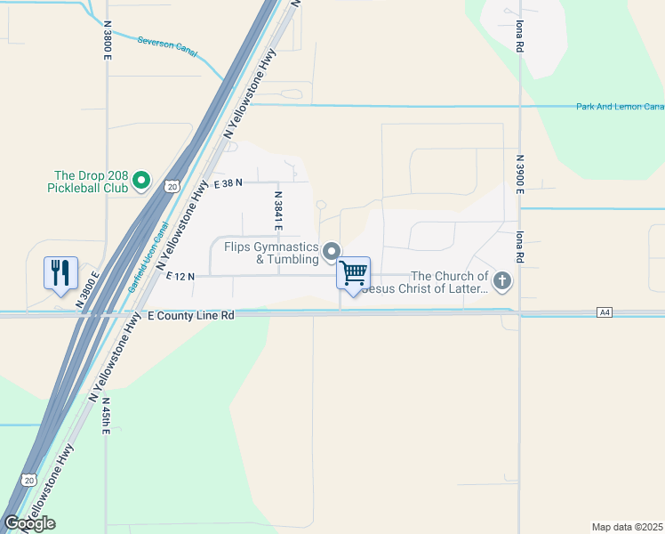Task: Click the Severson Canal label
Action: pyautogui.click(x=167, y=46)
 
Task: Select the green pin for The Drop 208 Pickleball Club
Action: pyautogui.click(x=141, y=182)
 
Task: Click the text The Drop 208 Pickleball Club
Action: pyautogui.click(x=92, y=182)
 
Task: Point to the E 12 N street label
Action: pyautogui.click(x=180, y=277)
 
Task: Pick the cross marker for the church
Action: pyautogui.click(x=501, y=282)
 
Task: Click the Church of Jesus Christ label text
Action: pyautogui.click(x=450, y=282)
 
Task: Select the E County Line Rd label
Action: pyautogui.click(x=190, y=316)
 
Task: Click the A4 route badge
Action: pyautogui.click(x=605, y=312)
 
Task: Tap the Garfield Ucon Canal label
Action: pyautogui.click(x=148, y=258)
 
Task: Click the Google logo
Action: pyautogui.click(x=29, y=522)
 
